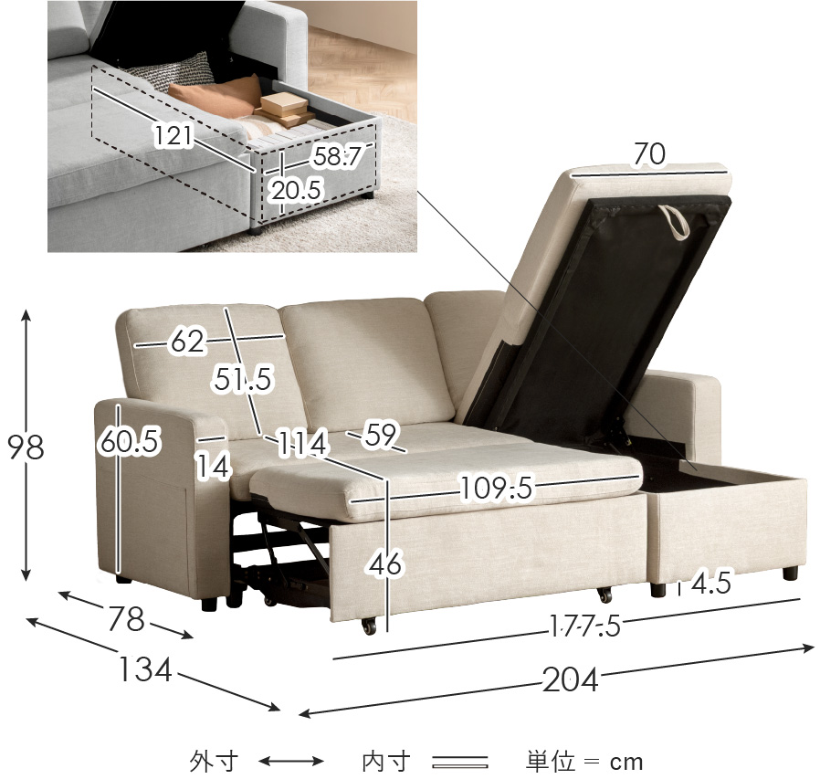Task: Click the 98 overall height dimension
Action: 26,447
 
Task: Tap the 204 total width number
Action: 570,680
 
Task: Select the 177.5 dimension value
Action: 585,626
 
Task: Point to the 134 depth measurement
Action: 145,669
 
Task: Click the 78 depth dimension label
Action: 126,618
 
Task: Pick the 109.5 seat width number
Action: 496,488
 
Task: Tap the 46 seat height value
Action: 386,563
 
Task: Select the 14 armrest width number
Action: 214,466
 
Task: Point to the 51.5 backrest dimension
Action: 243,378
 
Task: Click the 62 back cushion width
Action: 187,342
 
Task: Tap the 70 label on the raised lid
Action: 649,153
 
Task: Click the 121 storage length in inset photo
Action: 173,135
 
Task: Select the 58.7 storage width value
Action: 338,156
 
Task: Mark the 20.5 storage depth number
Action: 296,189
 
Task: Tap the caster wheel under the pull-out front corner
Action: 369,626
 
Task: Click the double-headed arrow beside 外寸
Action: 291,762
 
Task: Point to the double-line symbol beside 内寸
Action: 460,762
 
